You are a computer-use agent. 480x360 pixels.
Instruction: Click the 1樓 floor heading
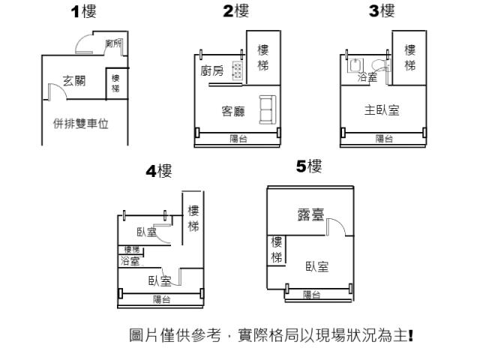[83, 12]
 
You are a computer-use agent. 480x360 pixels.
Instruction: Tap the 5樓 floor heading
[309, 166]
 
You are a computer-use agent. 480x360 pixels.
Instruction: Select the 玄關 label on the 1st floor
[74, 81]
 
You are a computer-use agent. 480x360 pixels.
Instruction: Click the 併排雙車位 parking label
[81, 124]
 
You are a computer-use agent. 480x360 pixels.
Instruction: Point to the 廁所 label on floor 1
[113, 43]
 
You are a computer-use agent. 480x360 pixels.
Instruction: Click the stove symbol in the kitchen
[238, 70]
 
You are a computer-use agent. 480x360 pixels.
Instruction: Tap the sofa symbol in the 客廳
[268, 109]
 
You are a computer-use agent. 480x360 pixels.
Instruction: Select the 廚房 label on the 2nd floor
[212, 71]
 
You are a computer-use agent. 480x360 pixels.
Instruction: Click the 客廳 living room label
[233, 111]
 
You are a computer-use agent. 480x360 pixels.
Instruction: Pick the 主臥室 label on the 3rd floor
[382, 110]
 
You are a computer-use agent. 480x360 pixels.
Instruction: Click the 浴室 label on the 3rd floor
[367, 76]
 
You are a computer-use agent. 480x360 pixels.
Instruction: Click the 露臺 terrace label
[310, 214]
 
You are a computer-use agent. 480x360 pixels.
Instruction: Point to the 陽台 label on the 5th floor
[312, 295]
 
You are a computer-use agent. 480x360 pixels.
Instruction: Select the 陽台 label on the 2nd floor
[238, 139]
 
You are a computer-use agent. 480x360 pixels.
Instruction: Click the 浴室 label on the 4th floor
[130, 261]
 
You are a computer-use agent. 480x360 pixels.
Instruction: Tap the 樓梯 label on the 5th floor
[277, 250]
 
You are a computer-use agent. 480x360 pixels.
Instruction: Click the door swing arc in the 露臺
[338, 224]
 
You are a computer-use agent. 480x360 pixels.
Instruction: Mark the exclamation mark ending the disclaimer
[411, 335]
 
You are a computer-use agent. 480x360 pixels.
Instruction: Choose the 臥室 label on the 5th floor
[317, 267]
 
